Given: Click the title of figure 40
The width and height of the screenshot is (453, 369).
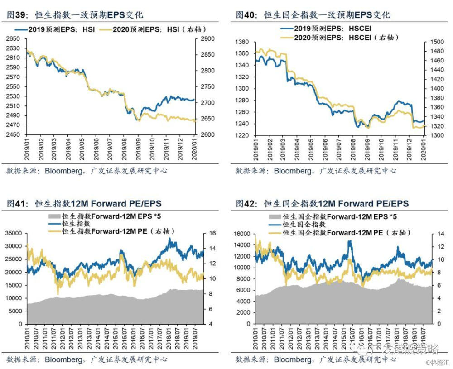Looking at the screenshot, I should tap(313, 15).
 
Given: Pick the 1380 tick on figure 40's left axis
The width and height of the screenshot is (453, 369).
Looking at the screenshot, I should tap(242, 42).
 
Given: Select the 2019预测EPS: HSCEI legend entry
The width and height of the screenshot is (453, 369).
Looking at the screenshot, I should tap(326, 29).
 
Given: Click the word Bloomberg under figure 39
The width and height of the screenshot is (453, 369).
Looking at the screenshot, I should tap(63, 171).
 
